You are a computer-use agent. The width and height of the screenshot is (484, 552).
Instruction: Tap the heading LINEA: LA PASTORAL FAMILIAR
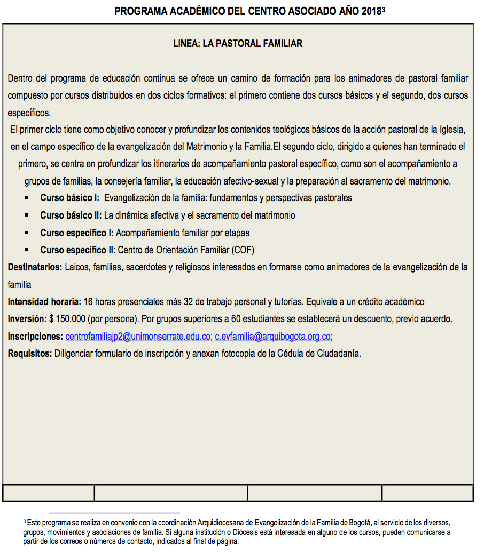click(238, 44)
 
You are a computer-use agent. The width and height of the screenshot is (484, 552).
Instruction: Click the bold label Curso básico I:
click(69, 198)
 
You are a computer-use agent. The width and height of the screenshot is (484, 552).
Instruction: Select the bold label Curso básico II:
click(71, 215)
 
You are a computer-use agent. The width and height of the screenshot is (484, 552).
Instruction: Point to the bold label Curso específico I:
click(77, 233)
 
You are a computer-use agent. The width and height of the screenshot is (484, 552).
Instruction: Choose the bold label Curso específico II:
click(78, 250)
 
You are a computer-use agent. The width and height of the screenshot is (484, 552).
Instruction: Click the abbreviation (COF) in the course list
click(243, 250)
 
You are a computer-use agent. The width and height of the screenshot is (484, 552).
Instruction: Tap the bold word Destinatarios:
click(35, 267)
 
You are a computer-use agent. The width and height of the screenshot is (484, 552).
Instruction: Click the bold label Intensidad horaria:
click(44, 302)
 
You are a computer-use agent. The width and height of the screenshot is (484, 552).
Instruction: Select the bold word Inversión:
click(27, 319)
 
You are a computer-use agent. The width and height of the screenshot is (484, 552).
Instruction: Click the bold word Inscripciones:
click(35, 337)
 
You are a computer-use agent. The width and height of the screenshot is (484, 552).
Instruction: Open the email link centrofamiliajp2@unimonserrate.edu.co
click(138, 337)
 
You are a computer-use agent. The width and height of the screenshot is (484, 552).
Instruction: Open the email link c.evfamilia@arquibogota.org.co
click(273, 337)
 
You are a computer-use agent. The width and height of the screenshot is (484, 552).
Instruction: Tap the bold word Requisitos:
click(30, 354)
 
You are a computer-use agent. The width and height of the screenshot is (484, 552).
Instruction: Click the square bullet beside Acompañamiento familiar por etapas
click(26, 233)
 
